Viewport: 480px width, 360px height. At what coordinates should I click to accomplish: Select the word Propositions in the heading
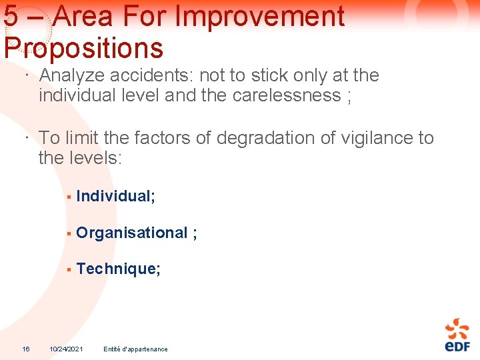coord(83,48)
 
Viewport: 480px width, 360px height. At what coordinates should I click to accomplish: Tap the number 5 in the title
coord(11,17)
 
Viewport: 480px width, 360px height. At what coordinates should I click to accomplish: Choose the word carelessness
coord(287,95)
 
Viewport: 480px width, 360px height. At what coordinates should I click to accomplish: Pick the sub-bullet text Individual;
coord(115,196)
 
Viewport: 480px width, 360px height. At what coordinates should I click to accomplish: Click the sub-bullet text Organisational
coord(132,233)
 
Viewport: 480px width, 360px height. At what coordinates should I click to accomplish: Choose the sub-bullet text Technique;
coord(118,269)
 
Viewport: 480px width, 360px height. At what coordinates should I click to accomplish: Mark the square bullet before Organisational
coord(68,233)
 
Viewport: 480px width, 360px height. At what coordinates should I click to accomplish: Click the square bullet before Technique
coord(68,269)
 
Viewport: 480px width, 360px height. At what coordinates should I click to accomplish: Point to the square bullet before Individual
coord(68,197)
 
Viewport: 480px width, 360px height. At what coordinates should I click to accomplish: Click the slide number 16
coord(25,349)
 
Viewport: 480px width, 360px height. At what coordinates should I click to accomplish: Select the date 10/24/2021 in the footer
coord(66,349)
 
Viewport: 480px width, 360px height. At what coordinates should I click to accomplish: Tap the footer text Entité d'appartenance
coord(135,349)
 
